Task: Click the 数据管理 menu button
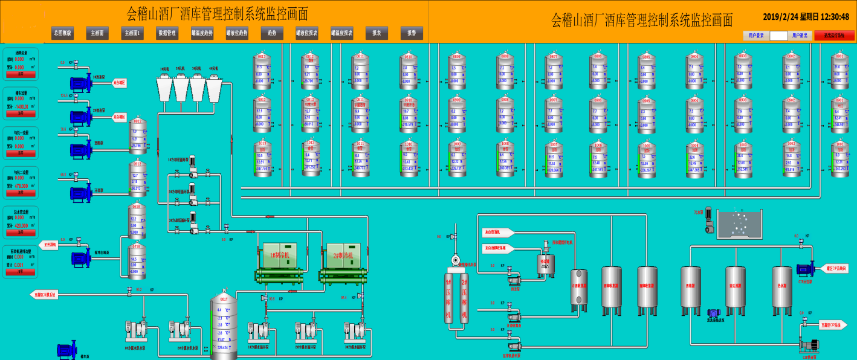coord(167,33)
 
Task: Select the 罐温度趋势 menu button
coord(202,33)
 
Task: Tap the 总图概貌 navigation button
coord(62,33)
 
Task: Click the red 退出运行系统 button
coord(834,36)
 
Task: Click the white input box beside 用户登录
coord(778,36)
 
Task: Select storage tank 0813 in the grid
coord(262,70)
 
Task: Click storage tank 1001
coord(839,158)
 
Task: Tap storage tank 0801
coord(839,70)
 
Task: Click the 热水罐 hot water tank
coord(781,289)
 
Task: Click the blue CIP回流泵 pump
coord(805,269)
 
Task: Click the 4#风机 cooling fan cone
coord(214,89)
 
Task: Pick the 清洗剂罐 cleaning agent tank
coord(736,289)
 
